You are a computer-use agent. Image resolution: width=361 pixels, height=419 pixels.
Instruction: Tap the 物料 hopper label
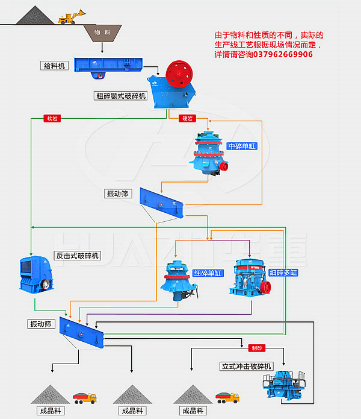(x=102, y=32)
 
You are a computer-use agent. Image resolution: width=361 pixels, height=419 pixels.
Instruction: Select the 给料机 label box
(x=54, y=65)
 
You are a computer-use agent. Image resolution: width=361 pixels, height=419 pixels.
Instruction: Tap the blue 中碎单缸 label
(x=242, y=146)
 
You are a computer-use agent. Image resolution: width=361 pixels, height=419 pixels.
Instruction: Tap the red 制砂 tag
(x=256, y=348)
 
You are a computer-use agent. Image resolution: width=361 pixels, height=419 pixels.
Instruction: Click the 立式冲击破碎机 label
(x=246, y=366)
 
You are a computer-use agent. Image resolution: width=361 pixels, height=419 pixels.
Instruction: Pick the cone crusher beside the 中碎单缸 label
(x=208, y=154)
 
